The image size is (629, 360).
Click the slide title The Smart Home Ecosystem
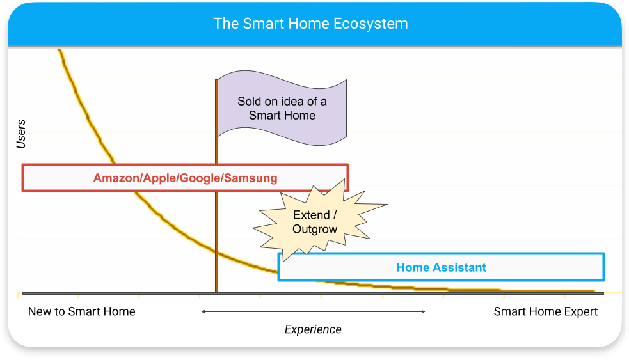(x=310, y=24)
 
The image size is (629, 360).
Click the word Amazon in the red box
(x=116, y=178)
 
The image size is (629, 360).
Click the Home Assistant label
(x=441, y=267)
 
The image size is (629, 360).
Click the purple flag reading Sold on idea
(x=282, y=108)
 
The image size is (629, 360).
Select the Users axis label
(x=21, y=134)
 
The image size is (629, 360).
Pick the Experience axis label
(x=313, y=329)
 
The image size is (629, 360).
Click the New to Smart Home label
(x=81, y=312)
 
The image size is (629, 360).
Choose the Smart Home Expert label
(x=545, y=312)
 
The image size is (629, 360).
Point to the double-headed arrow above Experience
(x=313, y=311)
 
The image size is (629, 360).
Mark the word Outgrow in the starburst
(x=315, y=229)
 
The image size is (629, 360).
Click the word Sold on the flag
(x=250, y=101)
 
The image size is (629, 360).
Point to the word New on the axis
(x=40, y=312)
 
